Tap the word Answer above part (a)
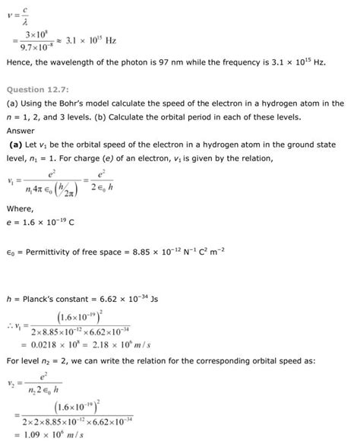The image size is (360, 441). point(21,129)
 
